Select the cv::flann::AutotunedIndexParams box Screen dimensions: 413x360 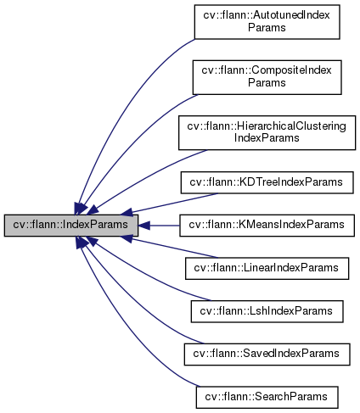(267, 21)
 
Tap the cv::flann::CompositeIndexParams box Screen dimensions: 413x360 (267, 75)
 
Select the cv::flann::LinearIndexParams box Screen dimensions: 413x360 (267, 267)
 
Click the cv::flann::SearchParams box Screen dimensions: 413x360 (267, 395)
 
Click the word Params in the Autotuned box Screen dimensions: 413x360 (267, 27)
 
